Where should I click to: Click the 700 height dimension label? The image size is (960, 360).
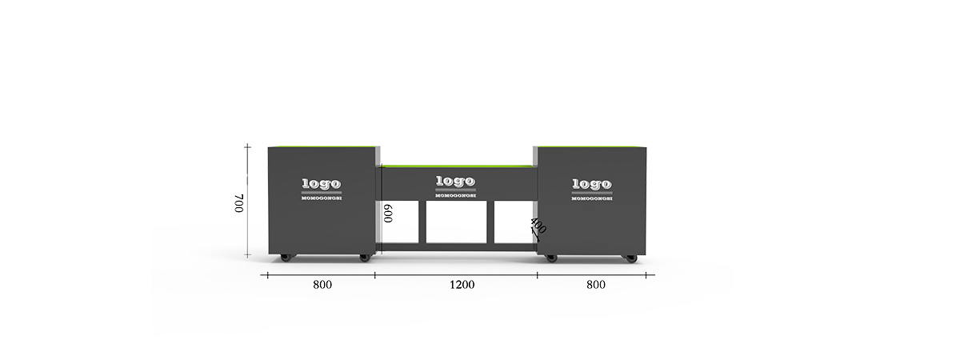point(238,203)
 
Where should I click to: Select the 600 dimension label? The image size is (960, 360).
point(388,213)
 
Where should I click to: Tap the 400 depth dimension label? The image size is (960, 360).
point(538,226)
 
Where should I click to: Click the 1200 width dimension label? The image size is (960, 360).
point(462,285)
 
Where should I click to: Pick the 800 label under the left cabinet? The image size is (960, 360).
point(322,285)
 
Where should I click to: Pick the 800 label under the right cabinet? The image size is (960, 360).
point(596,285)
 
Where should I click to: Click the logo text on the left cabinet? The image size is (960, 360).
point(322,184)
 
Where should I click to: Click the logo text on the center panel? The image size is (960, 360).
point(455,182)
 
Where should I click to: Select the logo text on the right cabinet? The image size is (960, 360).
point(592,184)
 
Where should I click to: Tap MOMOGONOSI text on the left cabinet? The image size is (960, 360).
point(322,198)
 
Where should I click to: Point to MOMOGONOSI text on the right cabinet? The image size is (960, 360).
point(592,199)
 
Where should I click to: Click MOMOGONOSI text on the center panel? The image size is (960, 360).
point(455,196)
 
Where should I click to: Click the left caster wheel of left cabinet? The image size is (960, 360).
point(286,258)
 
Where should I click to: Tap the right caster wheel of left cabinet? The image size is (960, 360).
point(364,258)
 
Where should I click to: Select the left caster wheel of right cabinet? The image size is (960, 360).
point(551,258)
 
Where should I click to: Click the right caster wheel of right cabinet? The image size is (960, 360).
point(630,258)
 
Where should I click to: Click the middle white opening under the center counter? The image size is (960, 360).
point(457,222)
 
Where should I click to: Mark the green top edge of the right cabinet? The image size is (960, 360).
point(591,146)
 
